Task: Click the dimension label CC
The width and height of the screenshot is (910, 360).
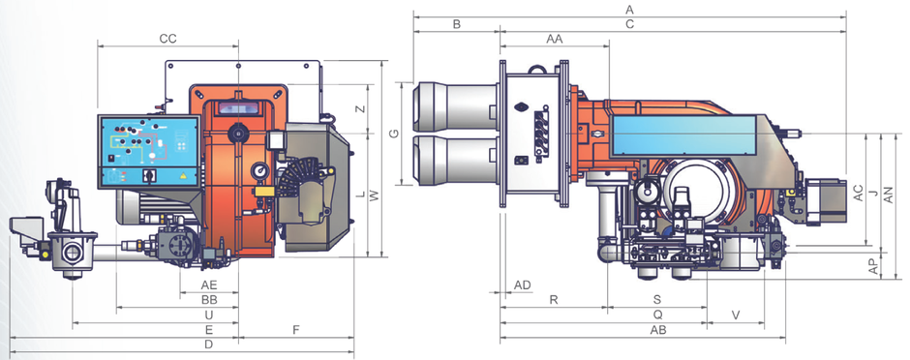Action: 167,39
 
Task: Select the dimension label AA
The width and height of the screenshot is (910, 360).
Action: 555,40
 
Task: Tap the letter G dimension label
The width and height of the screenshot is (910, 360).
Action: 394,134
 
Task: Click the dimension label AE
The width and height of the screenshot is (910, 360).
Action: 209,285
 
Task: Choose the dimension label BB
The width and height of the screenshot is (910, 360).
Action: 209,300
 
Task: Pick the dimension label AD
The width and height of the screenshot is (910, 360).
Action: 523,285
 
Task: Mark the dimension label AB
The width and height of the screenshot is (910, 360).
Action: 657,330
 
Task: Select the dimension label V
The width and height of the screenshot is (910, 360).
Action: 736,315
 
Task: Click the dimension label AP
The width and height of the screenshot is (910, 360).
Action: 872,265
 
